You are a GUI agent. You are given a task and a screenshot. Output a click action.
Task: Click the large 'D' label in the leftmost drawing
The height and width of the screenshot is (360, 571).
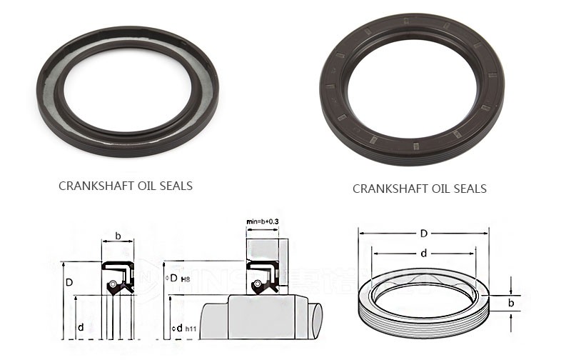pos(69,283)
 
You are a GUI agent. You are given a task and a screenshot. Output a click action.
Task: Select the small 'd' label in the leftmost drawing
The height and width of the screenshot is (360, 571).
pos(81,327)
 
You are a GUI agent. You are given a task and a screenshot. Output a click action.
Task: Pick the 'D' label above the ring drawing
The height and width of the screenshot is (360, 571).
pos(424,234)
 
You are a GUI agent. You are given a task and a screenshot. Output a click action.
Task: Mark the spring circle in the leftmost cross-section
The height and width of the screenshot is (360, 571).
pos(112,286)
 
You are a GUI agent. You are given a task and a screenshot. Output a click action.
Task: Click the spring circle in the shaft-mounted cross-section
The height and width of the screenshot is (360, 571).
pos(256,286)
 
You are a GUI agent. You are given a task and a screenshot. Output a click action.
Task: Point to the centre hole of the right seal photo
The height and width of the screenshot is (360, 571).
pos(413,89)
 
